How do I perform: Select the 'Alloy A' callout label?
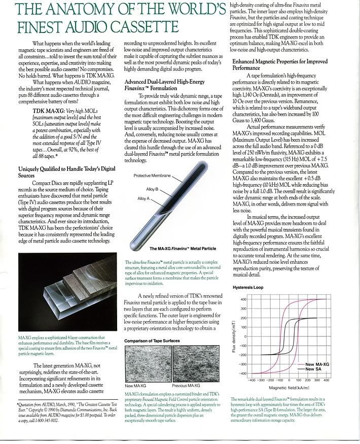tap(145, 199)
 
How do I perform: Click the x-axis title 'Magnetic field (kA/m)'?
tap(285, 388)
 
